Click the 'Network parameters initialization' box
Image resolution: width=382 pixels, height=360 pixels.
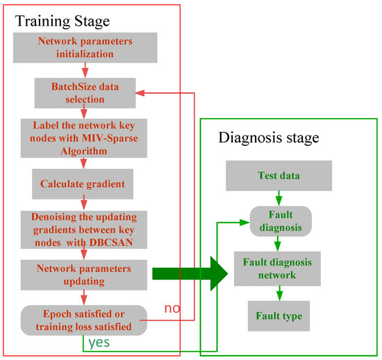(x=84, y=45)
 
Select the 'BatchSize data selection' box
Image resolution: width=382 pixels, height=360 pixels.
(x=84, y=92)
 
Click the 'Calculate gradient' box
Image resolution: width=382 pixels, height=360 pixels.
(x=84, y=183)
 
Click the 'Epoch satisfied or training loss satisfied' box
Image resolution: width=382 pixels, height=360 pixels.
(x=84, y=320)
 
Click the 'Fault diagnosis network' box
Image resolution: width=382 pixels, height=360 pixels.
(x=279, y=268)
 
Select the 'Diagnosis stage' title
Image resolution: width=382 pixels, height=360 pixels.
(x=268, y=138)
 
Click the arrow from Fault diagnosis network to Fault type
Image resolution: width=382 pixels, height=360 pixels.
(x=279, y=293)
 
